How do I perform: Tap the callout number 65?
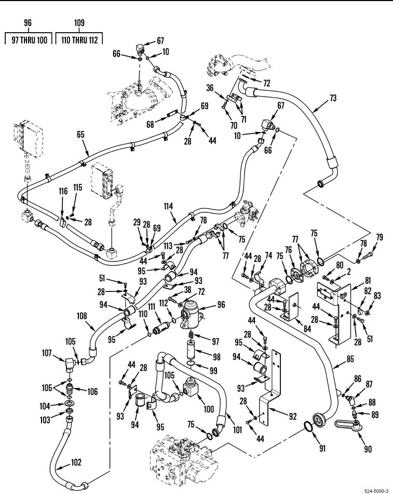[x=80, y=134]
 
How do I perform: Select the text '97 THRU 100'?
[x=29, y=39]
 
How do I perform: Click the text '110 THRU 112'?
[x=79, y=39]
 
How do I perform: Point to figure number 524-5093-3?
[x=372, y=489]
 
